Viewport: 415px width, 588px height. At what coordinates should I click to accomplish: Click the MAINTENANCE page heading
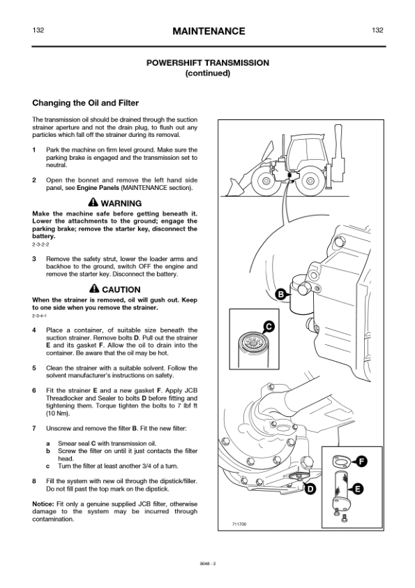coord(209,31)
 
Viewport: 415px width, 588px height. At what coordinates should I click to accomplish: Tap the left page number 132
coord(38,30)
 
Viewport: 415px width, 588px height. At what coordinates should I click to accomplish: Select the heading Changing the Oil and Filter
coord(85,103)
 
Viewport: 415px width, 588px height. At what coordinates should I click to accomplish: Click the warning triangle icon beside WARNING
coord(93,203)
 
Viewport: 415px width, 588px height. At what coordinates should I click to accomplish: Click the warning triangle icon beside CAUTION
coord(94,288)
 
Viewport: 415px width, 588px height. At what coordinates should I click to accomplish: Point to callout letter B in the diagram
coord(281,295)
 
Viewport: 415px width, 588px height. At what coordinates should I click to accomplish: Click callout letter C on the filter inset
coord(269,327)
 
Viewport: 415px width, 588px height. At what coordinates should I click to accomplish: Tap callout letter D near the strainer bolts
coord(310,489)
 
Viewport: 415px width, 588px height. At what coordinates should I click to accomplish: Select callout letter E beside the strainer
coord(357,489)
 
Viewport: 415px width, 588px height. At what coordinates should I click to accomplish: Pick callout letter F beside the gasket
coord(361,462)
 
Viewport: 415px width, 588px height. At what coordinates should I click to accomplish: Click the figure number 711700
coord(239,524)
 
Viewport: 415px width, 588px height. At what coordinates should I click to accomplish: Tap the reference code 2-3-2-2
coord(40,245)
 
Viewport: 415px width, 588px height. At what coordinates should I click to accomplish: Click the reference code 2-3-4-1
coord(39,316)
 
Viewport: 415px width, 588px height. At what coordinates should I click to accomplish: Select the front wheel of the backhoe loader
coord(266,182)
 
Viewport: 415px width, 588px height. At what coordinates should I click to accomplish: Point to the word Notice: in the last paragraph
coord(43,504)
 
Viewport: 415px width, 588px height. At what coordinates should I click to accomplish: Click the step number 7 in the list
coord(34,428)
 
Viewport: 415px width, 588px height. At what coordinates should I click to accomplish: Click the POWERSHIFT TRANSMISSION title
coord(208,63)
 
